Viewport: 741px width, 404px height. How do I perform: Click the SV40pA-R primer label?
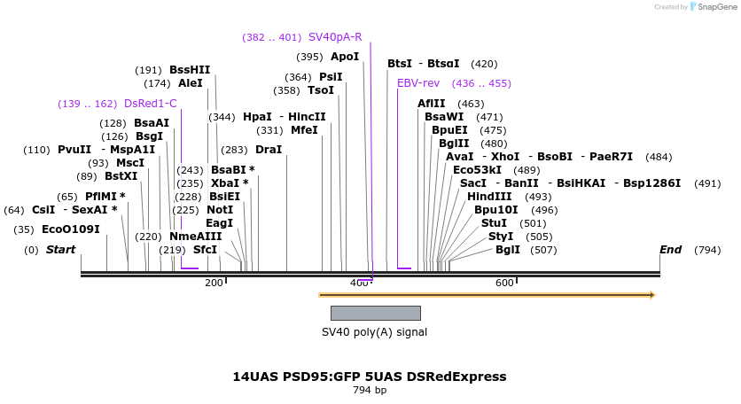[x=335, y=37]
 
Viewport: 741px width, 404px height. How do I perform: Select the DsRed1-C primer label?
[x=151, y=104]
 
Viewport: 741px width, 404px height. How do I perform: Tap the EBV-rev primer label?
[x=418, y=83]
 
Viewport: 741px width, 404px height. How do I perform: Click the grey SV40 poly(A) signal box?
[x=375, y=313]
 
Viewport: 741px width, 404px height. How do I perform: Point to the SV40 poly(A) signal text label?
[x=374, y=332]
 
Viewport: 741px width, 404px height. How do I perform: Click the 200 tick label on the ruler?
[x=214, y=283]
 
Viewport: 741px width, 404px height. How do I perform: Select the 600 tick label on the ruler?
[x=504, y=283]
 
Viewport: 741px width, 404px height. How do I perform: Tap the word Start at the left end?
[x=60, y=250]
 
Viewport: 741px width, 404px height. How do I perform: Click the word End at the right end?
[x=670, y=250]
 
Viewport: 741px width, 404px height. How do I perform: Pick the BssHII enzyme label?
[x=190, y=70]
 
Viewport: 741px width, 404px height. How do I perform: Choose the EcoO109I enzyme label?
[x=71, y=229]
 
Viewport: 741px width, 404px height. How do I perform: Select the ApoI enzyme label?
[x=345, y=57]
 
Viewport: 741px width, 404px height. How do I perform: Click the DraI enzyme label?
[x=269, y=150]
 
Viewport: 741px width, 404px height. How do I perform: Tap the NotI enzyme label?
[x=220, y=210]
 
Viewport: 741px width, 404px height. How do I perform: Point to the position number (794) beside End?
[x=707, y=250]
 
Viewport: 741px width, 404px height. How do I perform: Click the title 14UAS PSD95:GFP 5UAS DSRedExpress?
[x=370, y=377]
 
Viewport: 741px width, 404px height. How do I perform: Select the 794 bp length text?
[x=370, y=390]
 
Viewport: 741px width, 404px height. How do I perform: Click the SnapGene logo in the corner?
[x=713, y=7]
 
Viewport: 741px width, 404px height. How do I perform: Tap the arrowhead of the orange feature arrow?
[x=651, y=295]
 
